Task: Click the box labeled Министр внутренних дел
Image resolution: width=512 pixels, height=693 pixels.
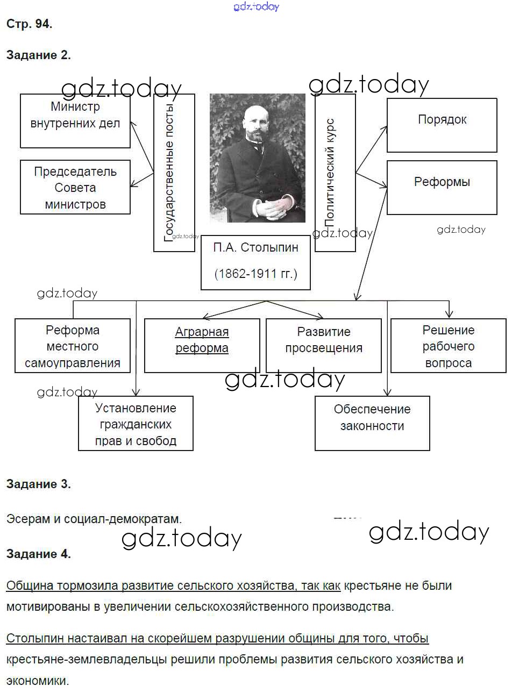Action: coord(75,121)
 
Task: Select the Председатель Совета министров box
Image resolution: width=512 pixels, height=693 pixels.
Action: coord(75,187)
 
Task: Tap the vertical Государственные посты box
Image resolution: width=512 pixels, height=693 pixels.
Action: coord(174,172)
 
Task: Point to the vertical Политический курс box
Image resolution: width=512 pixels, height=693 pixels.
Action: coord(335,172)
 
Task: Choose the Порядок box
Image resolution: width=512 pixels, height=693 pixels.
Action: coord(442,125)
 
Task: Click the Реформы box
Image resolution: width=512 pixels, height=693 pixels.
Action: coord(442,187)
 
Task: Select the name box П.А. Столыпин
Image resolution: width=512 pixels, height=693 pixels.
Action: coord(255,248)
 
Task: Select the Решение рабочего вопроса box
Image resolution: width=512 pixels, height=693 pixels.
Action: coord(448,345)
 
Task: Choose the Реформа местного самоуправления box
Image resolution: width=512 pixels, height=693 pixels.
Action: coord(73,345)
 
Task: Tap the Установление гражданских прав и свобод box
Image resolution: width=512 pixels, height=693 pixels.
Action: coord(136,424)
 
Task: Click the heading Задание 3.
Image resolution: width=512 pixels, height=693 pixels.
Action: coord(39,484)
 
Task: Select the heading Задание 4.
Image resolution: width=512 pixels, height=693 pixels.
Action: coord(39,554)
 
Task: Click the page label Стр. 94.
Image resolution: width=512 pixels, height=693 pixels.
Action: coord(30,24)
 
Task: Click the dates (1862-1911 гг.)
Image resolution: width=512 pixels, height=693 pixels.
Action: coord(255,274)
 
